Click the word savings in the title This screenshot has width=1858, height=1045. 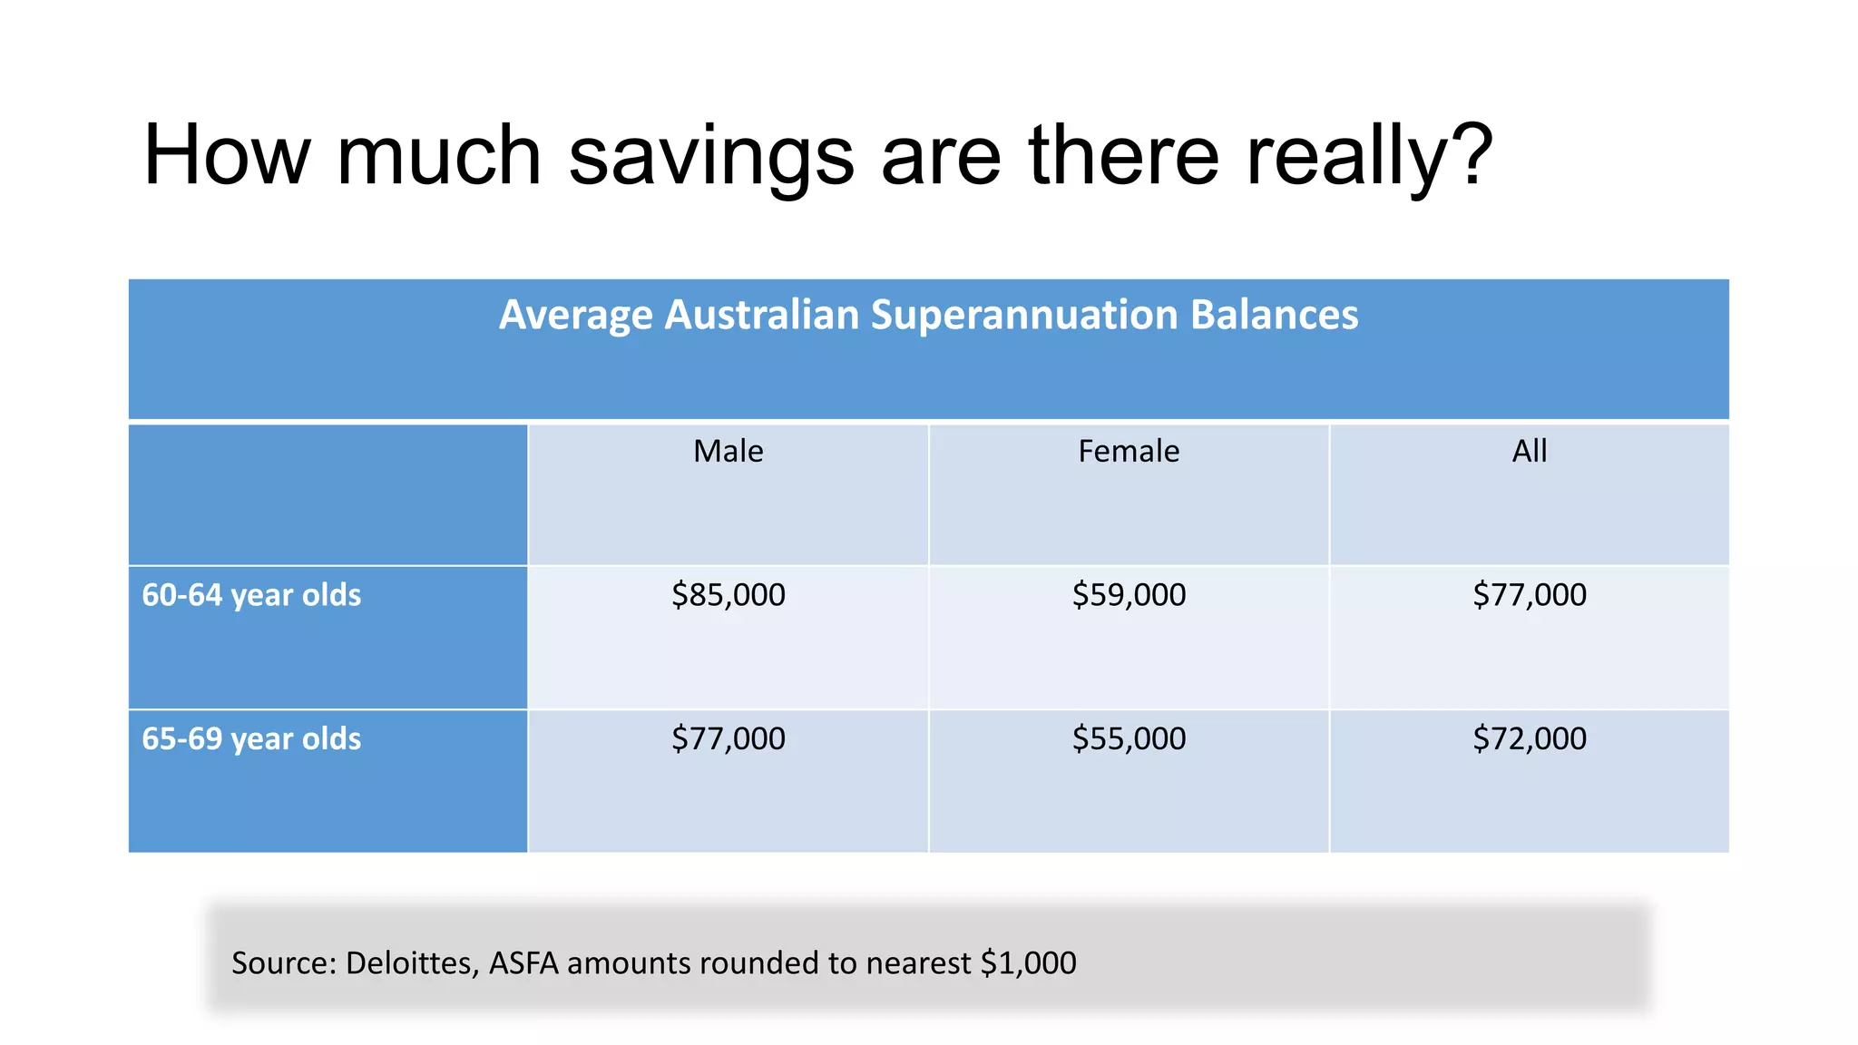pos(711,156)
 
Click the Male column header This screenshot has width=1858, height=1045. pos(728,451)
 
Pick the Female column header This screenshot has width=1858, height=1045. pos(1129,451)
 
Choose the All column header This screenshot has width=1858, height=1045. pos(1529,451)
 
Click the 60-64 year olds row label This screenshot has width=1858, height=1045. pos(251,595)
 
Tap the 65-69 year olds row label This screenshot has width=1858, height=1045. pos(251,738)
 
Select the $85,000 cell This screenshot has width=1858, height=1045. pos(728,595)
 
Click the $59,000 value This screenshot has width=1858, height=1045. pos(1129,595)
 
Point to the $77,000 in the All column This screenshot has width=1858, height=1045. pos(1529,595)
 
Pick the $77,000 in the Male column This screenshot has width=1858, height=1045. pos(728,738)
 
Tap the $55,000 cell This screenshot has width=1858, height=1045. pos(1129,738)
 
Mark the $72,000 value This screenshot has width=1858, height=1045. pos(1529,738)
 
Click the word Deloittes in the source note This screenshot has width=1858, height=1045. pos(412,962)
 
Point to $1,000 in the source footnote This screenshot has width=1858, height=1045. pos(1028,962)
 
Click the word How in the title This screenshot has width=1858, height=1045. pos(227,156)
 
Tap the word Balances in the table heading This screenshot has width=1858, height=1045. pos(1274,315)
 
